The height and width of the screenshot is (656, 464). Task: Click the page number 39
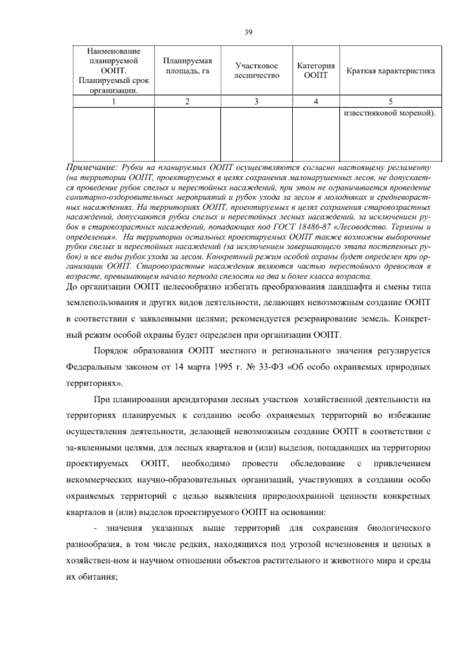click(248, 32)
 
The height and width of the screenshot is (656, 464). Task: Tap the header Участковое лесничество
click(256, 71)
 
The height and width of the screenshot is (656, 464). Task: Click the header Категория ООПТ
click(316, 70)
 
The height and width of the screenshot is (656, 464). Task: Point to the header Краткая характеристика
click(391, 71)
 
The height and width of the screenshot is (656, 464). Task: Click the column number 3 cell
click(256, 102)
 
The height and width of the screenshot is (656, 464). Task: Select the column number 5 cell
click(391, 102)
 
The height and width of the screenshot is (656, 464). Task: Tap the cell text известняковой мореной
click(389, 114)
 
